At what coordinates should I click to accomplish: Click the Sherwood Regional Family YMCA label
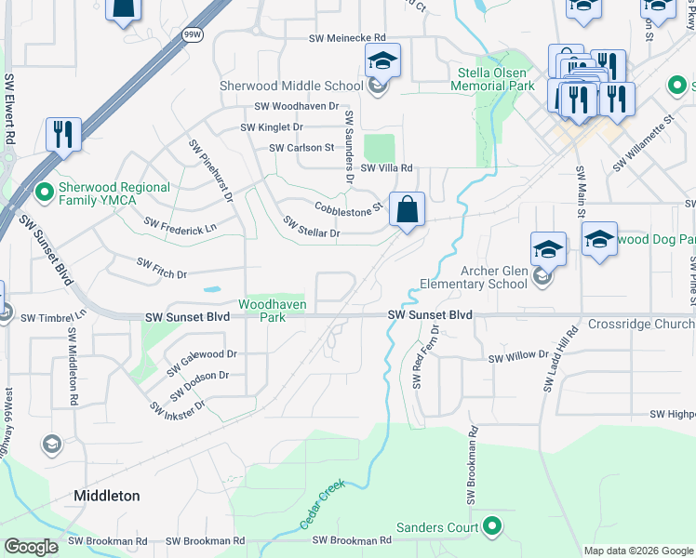[x=114, y=193]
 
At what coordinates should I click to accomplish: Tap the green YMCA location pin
[x=43, y=193]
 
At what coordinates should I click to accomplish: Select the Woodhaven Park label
[x=273, y=310]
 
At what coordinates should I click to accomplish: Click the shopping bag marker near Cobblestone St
[x=407, y=210]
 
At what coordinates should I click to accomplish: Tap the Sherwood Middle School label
[x=291, y=86]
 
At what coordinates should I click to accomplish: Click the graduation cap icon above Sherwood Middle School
[x=381, y=61]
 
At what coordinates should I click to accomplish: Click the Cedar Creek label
[x=323, y=505]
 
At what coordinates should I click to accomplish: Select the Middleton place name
[x=107, y=496]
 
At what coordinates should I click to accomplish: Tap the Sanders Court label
[x=437, y=528]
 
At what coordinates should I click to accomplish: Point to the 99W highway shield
[x=193, y=34]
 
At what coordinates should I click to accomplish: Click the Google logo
[x=31, y=547]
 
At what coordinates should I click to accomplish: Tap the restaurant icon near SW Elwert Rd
[x=63, y=135]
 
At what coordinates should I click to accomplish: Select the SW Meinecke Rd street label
[x=347, y=38]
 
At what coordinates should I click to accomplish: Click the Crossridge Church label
[x=641, y=325]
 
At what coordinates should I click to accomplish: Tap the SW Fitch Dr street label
[x=162, y=269]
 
